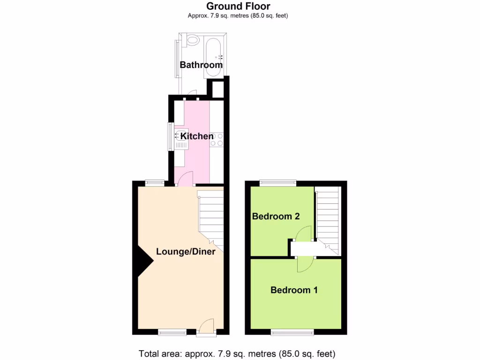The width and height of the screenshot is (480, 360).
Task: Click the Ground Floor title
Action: click(x=238, y=6)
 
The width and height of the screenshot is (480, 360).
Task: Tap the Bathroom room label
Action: click(x=201, y=65)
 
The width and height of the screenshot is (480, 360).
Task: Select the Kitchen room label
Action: click(x=197, y=136)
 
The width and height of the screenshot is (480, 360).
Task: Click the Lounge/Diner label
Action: click(x=186, y=252)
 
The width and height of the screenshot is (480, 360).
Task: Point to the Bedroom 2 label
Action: click(x=276, y=217)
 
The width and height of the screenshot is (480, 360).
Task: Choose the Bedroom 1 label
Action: click(x=294, y=290)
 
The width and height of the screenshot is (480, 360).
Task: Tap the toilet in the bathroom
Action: click(x=191, y=40)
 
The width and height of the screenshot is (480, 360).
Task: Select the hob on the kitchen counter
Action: click(x=217, y=139)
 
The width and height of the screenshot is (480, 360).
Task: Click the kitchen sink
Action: click(x=181, y=140)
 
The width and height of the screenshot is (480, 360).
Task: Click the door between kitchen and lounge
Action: click(x=185, y=179)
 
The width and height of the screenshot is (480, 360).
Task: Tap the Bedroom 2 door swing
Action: click(x=303, y=233)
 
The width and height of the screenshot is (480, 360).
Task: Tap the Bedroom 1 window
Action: click(x=292, y=333)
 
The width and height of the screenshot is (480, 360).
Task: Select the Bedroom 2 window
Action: click(x=278, y=183)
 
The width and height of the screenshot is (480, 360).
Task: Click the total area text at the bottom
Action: click(x=237, y=353)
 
